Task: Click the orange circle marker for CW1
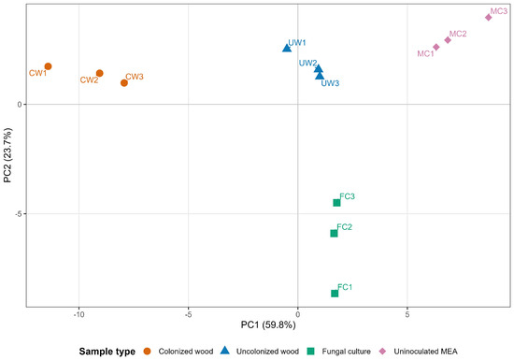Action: click(48, 66)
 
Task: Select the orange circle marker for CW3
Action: click(124, 83)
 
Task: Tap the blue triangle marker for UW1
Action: click(287, 49)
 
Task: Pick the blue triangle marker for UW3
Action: click(320, 76)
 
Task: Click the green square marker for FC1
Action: click(335, 294)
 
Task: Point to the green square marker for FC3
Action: click(336, 203)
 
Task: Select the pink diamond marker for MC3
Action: click(489, 18)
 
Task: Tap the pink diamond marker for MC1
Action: click(436, 47)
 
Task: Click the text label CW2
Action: click(89, 80)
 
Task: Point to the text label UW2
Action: click(307, 63)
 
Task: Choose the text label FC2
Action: click(344, 227)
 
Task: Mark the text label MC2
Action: click(458, 34)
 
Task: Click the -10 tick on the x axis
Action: click(79, 314)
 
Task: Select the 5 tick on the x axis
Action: click(407, 314)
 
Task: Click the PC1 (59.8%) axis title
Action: click(268, 324)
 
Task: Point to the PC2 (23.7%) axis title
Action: click(7, 155)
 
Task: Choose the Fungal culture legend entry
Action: click(338, 352)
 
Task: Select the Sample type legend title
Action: click(107, 352)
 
